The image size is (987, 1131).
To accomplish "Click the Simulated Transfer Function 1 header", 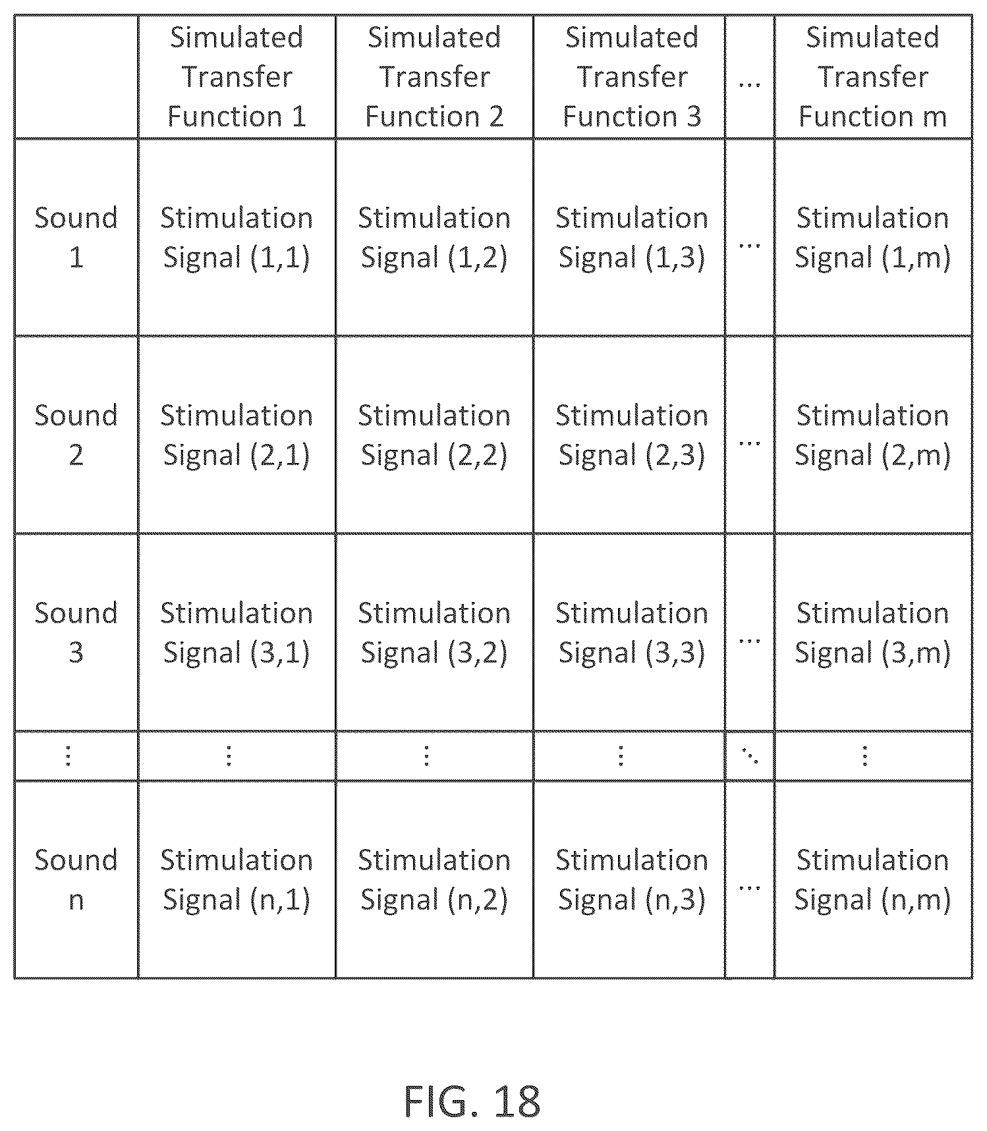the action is point(237,76).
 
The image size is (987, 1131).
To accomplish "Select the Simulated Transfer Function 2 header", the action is point(434,76).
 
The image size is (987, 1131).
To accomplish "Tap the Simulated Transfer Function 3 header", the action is point(632,76).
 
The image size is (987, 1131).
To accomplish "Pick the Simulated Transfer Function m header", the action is point(873,76).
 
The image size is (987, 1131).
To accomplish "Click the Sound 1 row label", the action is point(76,237).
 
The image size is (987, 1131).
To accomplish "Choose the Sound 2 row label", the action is point(76,435).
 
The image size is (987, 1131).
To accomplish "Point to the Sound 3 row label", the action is point(76,632).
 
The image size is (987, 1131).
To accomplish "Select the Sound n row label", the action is point(76,879).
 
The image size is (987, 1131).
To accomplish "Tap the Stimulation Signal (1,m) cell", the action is point(873,238).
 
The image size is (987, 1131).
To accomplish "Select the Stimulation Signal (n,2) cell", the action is point(434,880).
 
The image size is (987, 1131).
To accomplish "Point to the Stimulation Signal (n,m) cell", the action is point(873,880).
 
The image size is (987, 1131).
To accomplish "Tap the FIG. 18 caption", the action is point(472,1101).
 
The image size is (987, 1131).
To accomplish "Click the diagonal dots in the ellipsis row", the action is point(750,756).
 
